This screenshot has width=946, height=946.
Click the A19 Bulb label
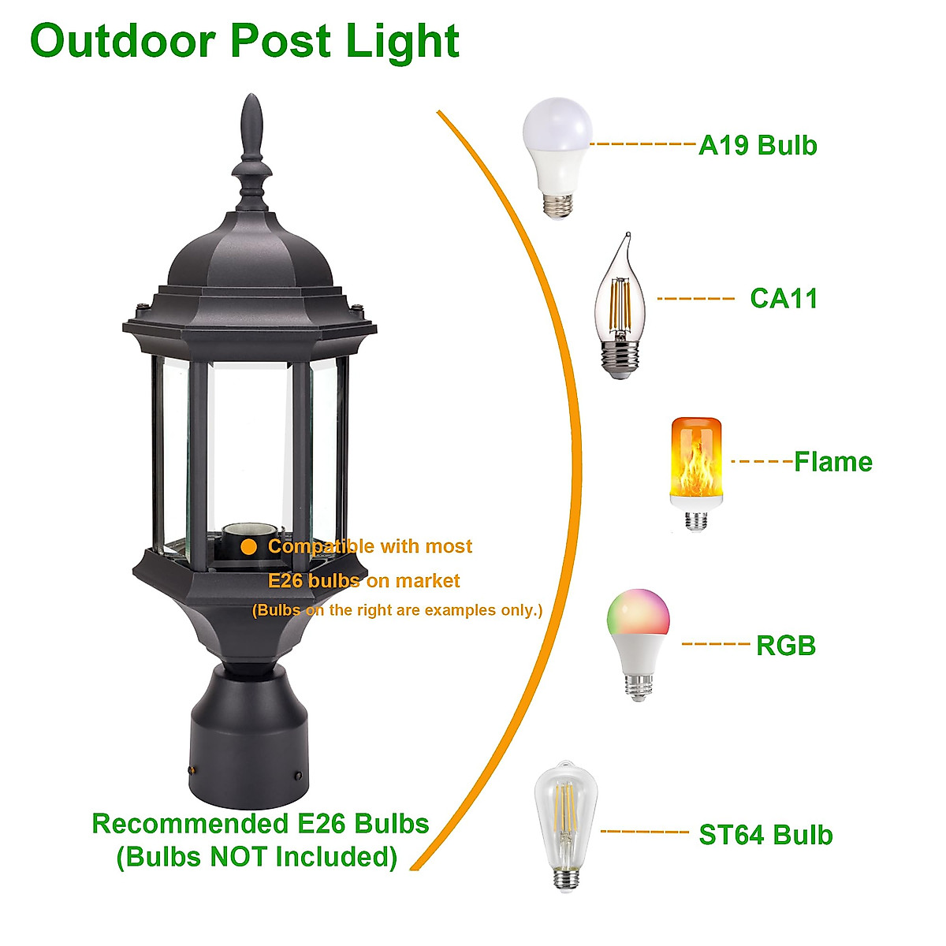758,146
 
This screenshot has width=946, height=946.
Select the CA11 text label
784,299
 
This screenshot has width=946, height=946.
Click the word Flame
833,462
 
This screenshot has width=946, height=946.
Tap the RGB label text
786,646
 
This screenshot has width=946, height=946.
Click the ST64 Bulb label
765,835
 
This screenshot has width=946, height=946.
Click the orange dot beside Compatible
249,546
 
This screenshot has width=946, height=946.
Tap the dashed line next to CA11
695,299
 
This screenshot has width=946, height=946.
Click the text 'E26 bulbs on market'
363,581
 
